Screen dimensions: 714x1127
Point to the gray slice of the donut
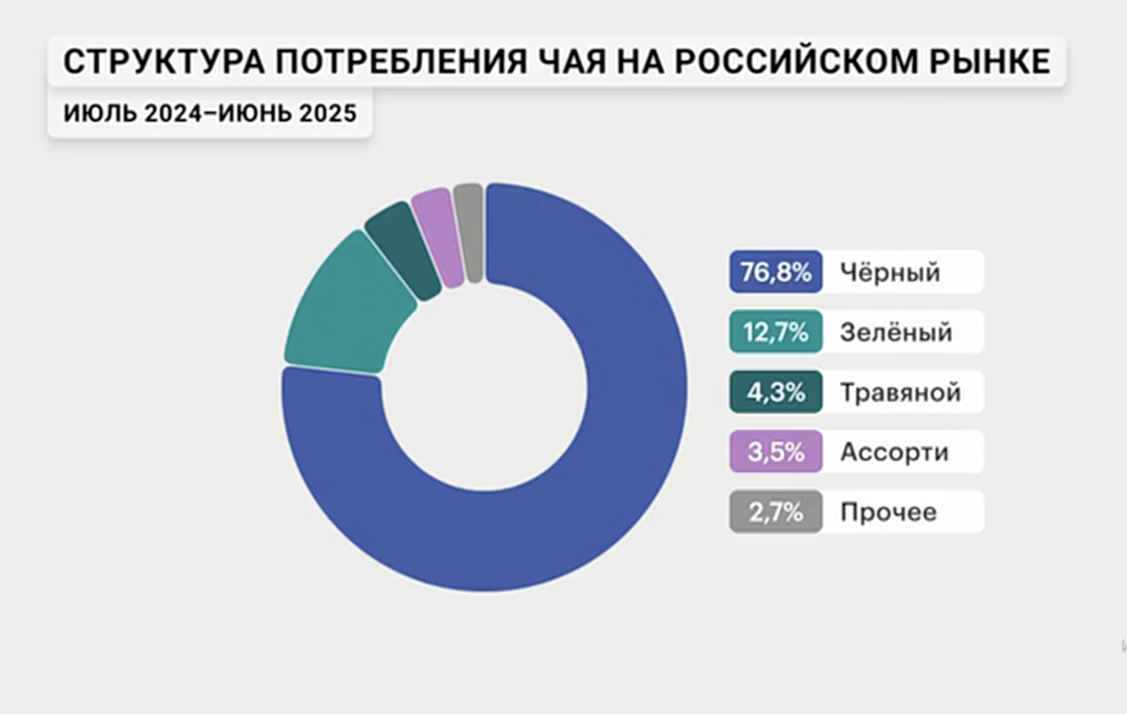tap(469, 232)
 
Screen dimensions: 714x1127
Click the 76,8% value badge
tap(775, 272)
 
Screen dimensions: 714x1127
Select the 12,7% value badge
tap(775, 332)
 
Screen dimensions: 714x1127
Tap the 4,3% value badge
tap(775, 392)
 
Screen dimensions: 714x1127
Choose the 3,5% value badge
tap(775, 452)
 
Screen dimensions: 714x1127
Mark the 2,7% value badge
tap(775, 512)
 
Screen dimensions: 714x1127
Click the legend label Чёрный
tap(890, 273)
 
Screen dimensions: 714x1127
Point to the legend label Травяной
tap(900, 393)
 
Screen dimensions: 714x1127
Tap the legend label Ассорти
tap(894, 453)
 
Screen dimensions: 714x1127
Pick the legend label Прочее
tap(888, 513)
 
